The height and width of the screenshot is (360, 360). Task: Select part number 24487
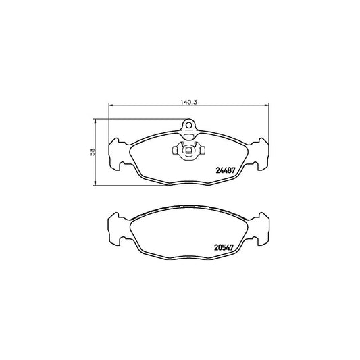[224, 170]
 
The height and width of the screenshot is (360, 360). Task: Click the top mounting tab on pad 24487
[189, 126]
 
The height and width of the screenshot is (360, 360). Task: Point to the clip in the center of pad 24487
[188, 151]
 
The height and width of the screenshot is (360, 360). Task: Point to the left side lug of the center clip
[176, 151]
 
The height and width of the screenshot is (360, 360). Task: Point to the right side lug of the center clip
[202, 151]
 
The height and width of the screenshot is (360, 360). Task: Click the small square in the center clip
[189, 151]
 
